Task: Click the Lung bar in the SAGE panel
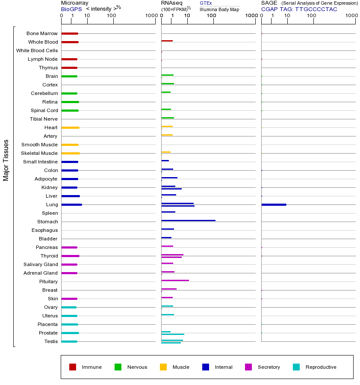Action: [x=274, y=204]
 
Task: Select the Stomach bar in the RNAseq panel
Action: [x=188, y=220]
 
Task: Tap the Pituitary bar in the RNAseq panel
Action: [x=175, y=280]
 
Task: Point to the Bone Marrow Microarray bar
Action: [x=70, y=33]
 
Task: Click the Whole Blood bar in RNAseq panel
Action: [x=167, y=41]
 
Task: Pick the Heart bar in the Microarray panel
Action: [x=70, y=127]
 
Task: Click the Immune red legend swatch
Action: [x=73, y=367]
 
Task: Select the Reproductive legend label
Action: [x=321, y=367]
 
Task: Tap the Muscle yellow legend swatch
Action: [x=163, y=367]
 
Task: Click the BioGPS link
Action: [x=70, y=9]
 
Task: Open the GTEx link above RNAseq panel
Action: [x=206, y=3]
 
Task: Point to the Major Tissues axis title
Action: [x=6, y=160]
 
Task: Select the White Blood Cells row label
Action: [x=37, y=50]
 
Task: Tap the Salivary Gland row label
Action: [x=41, y=264]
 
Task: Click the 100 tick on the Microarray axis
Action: [x=112, y=16]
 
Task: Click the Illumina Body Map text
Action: [x=219, y=9]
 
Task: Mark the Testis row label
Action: [x=51, y=341]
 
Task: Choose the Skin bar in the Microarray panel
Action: [x=69, y=299]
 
